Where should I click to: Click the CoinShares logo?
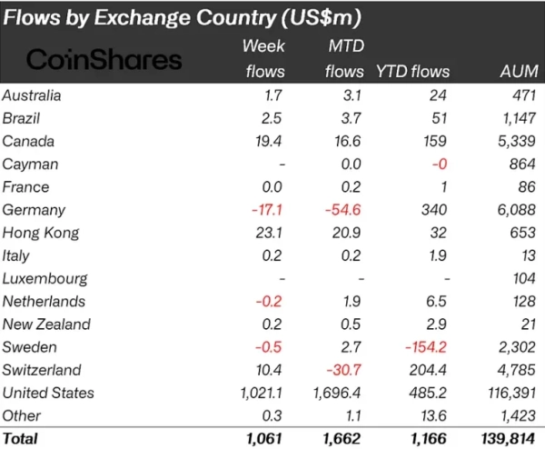tap(104, 60)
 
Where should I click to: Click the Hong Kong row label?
tap(40, 233)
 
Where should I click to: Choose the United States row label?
tap(48, 393)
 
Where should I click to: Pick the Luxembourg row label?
tap(45, 278)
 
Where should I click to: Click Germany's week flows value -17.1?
tap(267, 210)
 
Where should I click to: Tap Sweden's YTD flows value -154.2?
tap(423, 347)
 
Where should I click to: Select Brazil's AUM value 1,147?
tap(518, 118)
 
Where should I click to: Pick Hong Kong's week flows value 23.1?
tap(270, 233)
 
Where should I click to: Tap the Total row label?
tap(20, 437)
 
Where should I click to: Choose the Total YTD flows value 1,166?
tap(427, 437)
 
